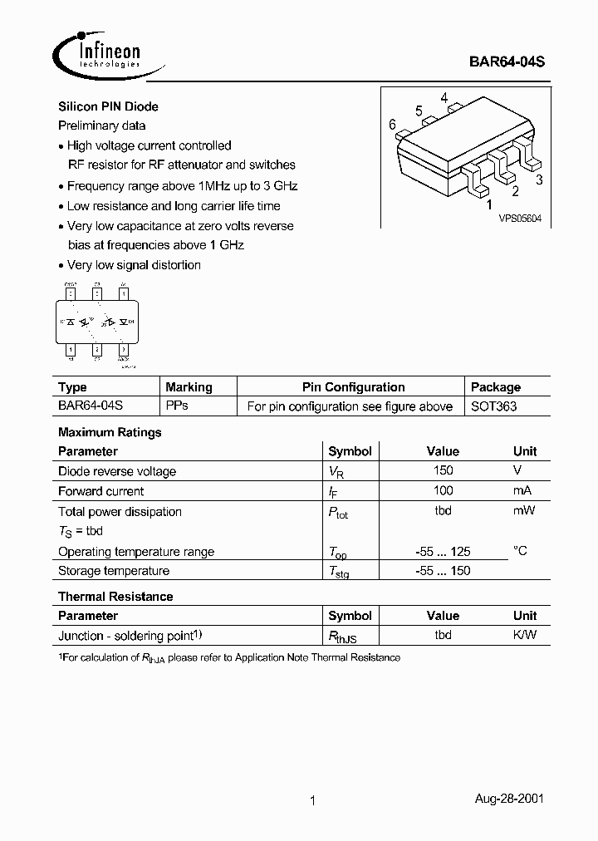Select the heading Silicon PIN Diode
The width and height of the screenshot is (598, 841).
coord(108,106)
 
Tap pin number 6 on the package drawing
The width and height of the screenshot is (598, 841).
coord(392,125)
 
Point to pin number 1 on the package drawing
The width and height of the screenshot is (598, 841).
coord(488,204)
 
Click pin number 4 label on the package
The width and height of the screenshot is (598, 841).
coord(444,98)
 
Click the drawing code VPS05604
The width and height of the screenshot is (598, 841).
coord(520,219)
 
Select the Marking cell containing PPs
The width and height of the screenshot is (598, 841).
coord(177,406)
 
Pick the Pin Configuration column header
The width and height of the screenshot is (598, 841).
coord(353,387)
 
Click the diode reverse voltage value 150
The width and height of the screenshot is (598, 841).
coord(443,471)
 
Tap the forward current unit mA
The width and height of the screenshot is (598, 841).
coord(522,491)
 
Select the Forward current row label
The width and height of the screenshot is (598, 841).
coord(100,491)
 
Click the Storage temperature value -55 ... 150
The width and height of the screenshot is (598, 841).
coord(443,571)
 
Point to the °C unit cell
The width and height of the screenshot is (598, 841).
coord(520,550)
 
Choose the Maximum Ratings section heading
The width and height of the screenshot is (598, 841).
coord(110,432)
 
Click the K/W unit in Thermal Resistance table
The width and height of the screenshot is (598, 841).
coord(525,635)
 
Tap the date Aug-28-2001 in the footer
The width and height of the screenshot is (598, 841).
coord(509,799)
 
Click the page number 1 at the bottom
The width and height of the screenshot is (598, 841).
coord(312,801)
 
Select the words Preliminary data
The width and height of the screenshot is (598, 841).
coord(101,125)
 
